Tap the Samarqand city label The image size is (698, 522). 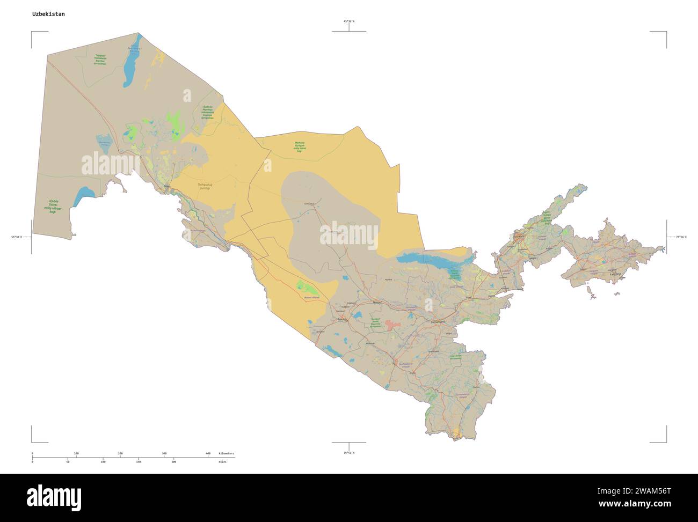pyautogui.click(x=439, y=321)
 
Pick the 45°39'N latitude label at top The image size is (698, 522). pyautogui.click(x=349, y=21)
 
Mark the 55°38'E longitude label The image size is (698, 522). pyautogui.click(x=17, y=237)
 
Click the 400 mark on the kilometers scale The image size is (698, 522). pyautogui.click(x=208, y=454)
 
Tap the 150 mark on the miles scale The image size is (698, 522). pyautogui.click(x=138, y=461)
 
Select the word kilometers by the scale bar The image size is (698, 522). pyautogui.click(x=226, y=454)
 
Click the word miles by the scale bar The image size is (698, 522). pyautogui.click(x=222, y=461)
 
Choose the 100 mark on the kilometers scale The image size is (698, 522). pyautogui.click(x=76, y=454)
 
